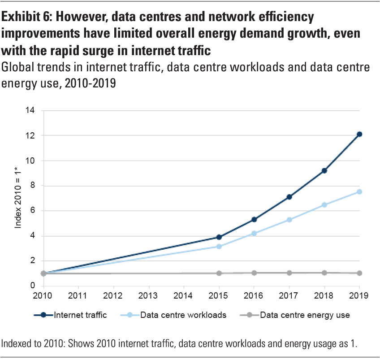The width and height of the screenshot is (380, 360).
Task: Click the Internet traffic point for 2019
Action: pyautogui.click(x=359, y=134)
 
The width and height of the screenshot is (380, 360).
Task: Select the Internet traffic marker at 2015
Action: pyautogui.click(x=219, y=237)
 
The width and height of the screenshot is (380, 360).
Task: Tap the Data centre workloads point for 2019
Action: pyautogui.click(x=359, y=192)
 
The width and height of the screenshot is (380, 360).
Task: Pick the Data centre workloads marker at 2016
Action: pyautogui.click(x=254, y=233)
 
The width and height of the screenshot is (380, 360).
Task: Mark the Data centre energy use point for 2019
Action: pyautogui.click(x=359, y=273)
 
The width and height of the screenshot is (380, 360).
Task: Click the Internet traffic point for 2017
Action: pyautogui.click(x=289, y=197)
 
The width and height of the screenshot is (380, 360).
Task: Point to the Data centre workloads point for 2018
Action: pyautogui.click(x=324, y=205)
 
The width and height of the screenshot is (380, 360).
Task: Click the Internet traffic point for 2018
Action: pyautogui.click(x=324, y=170)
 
